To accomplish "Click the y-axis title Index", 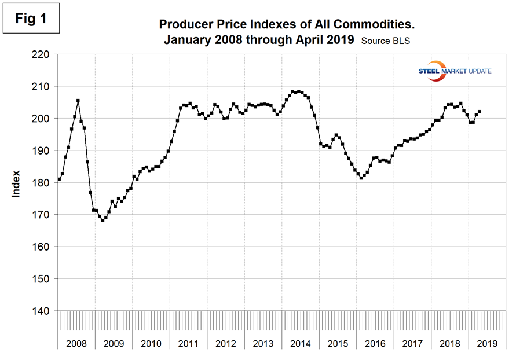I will pyautogui.click(x=17, y=183).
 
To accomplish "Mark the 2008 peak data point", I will pyautogui.click(x=78, y=100).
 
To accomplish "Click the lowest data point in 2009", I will pyautogui.click(x=103, y=221).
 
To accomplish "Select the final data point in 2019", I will pyautogui.click(x=479, y=111).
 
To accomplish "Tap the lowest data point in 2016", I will pyautogui.click(x=361, y=178).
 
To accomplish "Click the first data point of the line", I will pyautogui.click(x=59, y=179).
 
